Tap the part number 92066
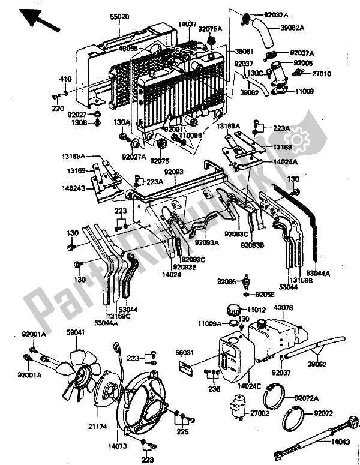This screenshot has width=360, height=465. click(227, 280)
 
